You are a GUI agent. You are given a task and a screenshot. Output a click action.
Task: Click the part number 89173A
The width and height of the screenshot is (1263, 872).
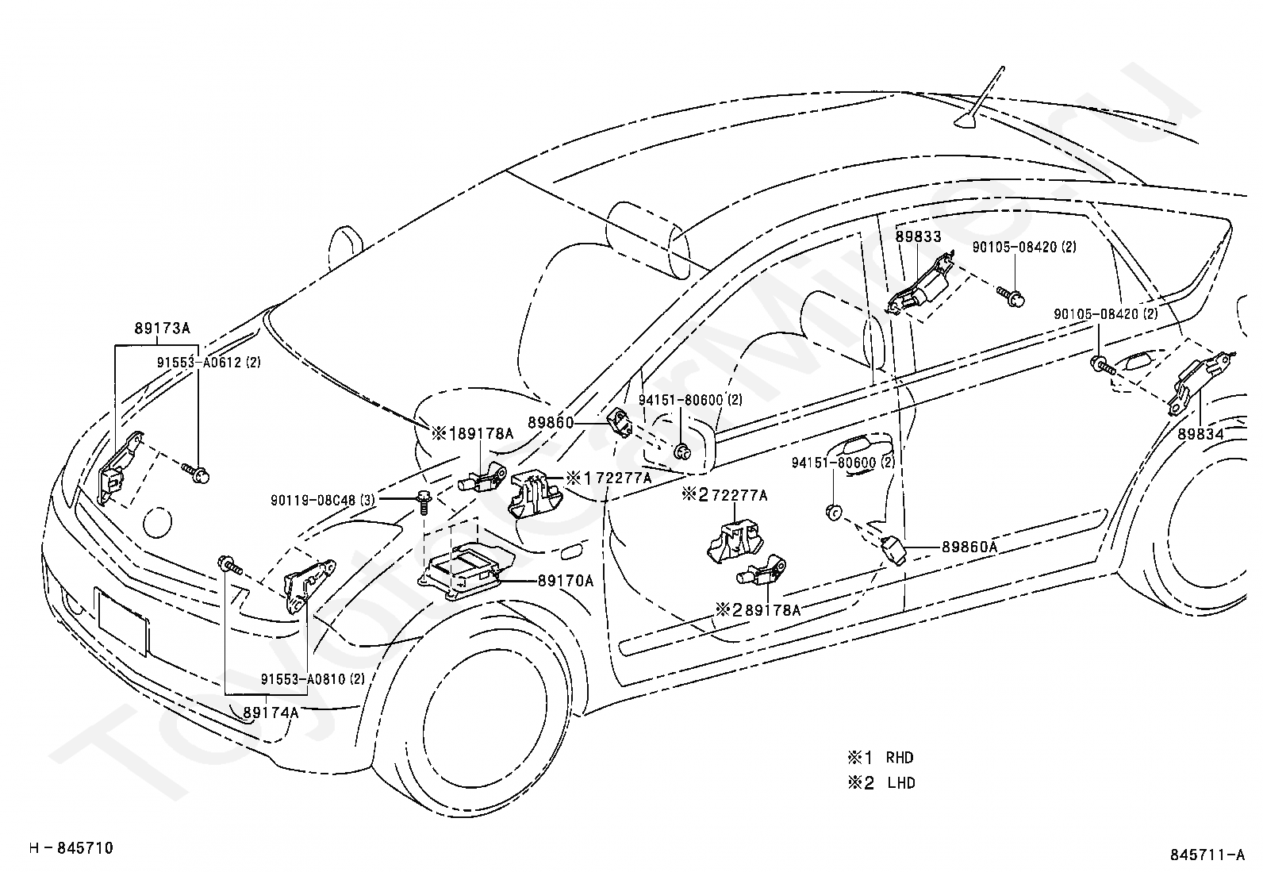(x=163, y=328)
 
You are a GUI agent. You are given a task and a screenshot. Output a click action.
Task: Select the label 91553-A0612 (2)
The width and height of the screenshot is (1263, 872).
(x=209, y=362)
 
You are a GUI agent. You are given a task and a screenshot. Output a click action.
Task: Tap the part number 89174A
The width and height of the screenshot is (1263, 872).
(x=271, y=713)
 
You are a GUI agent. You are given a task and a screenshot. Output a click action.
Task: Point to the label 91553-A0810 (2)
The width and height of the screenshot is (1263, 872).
(x=313, y=679)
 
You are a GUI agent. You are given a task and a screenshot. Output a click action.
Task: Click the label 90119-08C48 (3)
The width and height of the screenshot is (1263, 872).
(x=323, y=501)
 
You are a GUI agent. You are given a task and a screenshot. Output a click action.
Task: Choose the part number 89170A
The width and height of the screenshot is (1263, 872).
(x=566, y=580)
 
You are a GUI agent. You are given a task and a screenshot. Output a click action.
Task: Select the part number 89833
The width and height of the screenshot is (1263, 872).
(x=919, y=236)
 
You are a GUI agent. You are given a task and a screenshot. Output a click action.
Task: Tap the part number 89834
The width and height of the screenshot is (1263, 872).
(x=1201, y=434)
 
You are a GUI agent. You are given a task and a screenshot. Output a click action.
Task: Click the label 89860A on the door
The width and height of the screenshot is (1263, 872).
(x=969, y=547)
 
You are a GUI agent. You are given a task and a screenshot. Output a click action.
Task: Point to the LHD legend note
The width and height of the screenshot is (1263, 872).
(x=882, y=783)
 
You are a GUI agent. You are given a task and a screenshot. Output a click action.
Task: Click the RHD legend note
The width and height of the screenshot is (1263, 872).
(x=881, y=757)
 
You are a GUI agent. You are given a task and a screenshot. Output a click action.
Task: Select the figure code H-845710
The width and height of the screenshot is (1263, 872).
(x=71, y=847)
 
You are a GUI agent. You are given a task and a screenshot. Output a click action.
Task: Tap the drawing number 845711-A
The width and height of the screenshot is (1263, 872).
(x=1207, y=855)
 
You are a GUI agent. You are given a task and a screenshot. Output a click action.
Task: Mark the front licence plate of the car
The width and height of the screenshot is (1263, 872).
(x=122, y=621)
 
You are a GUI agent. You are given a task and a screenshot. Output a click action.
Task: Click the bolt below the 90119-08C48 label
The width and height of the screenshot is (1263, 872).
(x=424, y=502)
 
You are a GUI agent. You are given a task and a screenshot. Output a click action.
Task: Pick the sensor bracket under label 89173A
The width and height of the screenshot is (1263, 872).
(x=119, y=467)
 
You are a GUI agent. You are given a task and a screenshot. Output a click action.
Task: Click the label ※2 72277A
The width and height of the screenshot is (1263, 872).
(x=725, y=495)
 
